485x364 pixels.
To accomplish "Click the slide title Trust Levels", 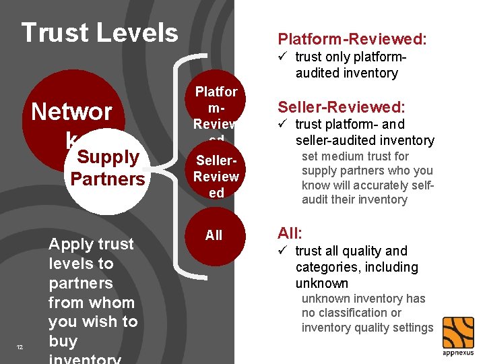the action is pos(100,32).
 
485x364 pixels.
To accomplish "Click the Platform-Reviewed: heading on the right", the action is pos(352,40).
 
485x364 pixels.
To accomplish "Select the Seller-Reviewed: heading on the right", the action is pos(342,107).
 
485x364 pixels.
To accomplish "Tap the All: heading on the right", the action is pos(290,233).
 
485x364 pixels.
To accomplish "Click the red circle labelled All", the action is pos(214,235).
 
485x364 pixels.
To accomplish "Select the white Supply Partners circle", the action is pos(107,169).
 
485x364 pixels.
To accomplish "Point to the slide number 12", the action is pos(20,347).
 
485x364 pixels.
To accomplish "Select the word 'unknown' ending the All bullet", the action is pos(321,283).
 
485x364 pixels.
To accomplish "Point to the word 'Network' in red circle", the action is pos(71,112).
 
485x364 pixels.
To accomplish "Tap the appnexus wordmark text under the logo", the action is pos(458,353).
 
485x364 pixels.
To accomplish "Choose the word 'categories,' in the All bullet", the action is pos(327,267).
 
